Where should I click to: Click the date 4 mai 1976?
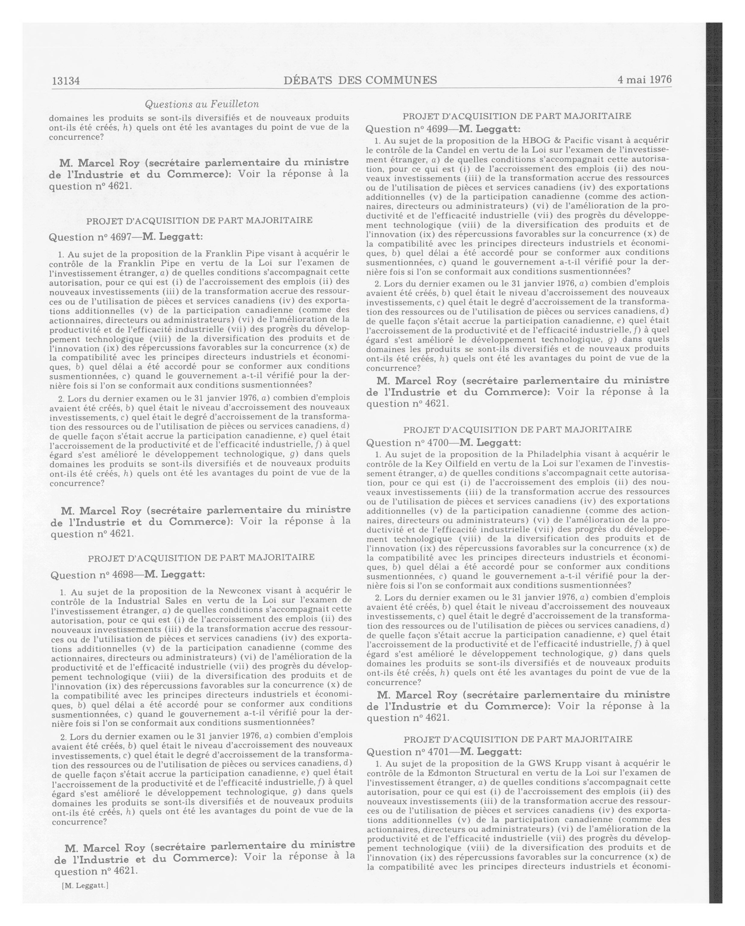coord(644,79)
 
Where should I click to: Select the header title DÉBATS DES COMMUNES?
coord(360,80)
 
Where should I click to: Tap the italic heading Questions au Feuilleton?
coord(202,104)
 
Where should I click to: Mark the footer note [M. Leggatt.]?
coord(85,885)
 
